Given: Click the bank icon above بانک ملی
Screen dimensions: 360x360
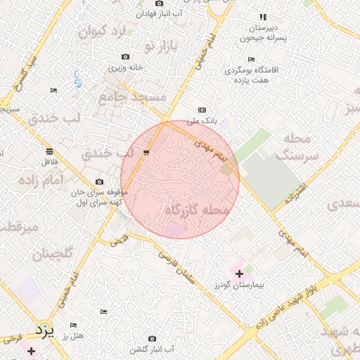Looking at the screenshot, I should point(202,110).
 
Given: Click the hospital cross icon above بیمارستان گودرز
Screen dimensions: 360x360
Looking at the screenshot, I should point(239,274).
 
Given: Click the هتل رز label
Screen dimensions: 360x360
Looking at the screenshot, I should point(72,337).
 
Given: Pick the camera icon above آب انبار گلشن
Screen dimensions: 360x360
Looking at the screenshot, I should point(153,338).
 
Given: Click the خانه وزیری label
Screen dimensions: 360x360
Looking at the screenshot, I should point(125,67).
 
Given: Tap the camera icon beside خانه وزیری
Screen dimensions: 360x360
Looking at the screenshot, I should point(125,56).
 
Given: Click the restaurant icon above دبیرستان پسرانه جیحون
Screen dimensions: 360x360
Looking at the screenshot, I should point(263,17).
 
